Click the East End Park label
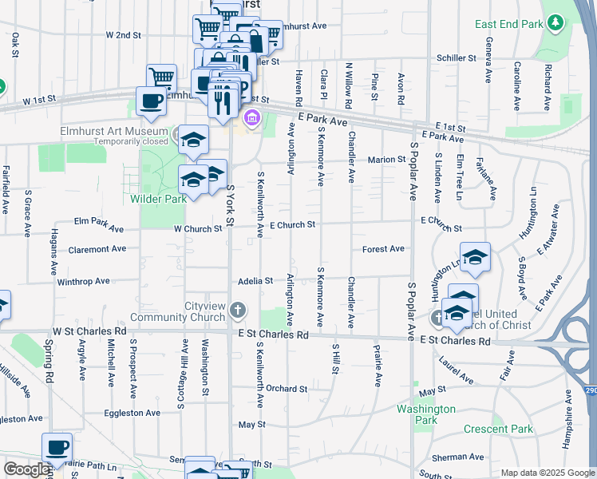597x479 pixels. coord(508,24)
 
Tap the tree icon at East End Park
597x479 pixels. coord(554,24)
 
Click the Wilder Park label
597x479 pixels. coord(160,199)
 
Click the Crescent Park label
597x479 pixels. coord(498,429)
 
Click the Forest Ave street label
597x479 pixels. coord(383,249)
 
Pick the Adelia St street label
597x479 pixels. coord(255,281)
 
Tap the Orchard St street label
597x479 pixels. coord(287,389)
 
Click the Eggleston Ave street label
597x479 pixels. coord(132,413)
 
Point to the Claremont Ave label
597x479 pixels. coord(97,249)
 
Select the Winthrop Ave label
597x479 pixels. coord(83,281)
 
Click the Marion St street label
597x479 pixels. coord(387,160)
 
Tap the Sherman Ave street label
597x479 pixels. coord(458,457)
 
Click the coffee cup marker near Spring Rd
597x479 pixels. coord(57,448)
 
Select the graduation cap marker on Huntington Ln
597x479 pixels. coord(475,257)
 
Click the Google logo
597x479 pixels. coord(26,469)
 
